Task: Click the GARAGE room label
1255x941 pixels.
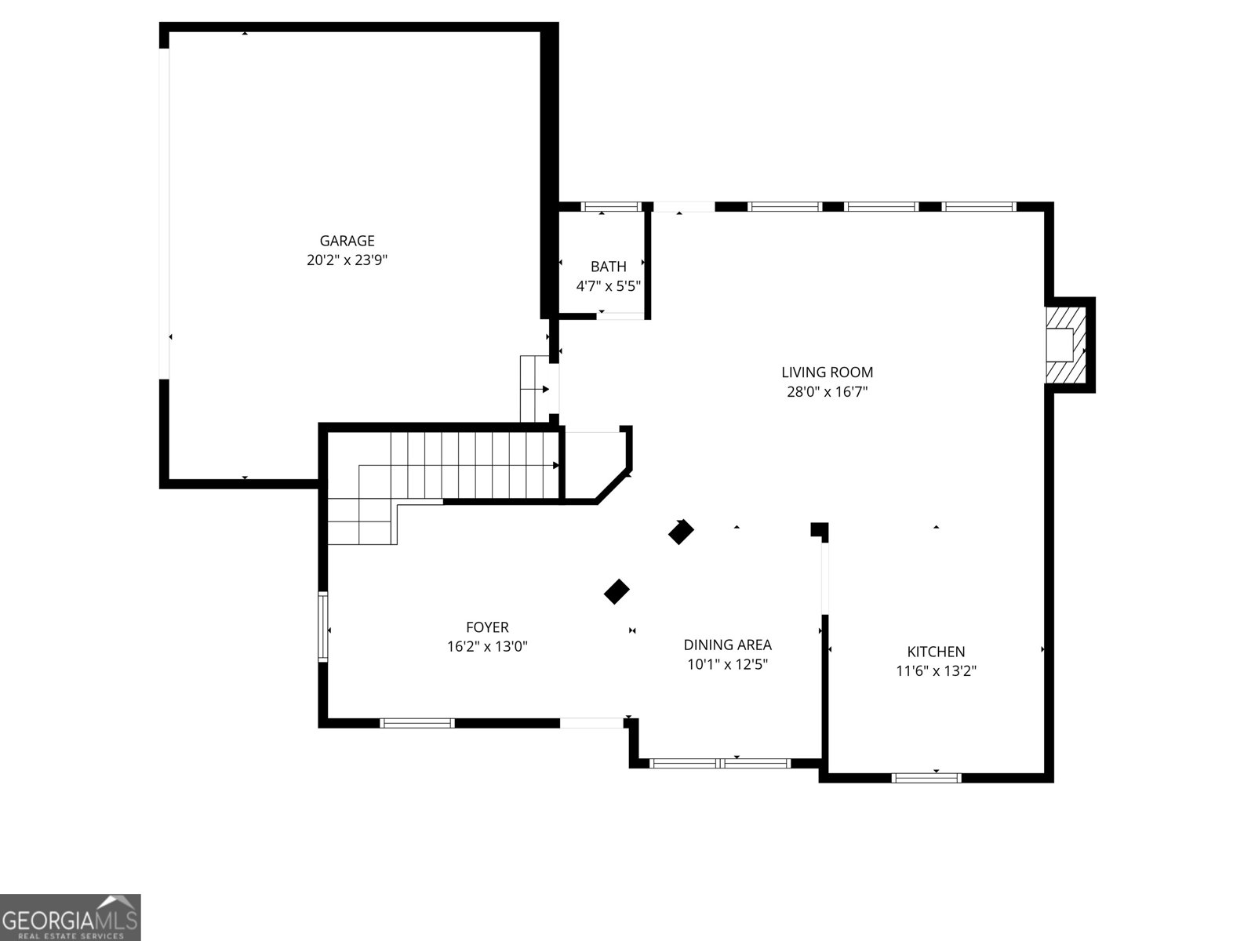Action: pos(347,241)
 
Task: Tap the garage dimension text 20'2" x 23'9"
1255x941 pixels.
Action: pos(347,260)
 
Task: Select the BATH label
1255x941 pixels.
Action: pos(608,267)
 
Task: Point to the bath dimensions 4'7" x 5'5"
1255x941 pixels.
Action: pos(608,286)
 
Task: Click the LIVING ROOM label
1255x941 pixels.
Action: pos(827,372)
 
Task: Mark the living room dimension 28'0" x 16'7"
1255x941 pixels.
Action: pos(827,392)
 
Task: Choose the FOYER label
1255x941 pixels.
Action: pos(487,627)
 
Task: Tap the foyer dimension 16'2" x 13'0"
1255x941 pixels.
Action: pos(487,647)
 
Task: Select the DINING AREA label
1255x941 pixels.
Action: pos(727,645)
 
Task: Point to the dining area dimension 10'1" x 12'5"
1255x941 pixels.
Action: pos(727,665)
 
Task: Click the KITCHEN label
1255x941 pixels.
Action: pos(936,652)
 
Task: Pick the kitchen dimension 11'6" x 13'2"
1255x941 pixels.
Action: pos(936,671)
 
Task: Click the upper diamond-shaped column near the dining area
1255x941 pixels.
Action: pos(681,532)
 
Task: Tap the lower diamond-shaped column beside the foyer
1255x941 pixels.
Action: pos(617,592)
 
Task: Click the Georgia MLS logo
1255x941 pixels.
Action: pos(70,917)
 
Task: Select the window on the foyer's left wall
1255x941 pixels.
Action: pos(322,627)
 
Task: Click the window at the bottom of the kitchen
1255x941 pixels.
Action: pos(926,778)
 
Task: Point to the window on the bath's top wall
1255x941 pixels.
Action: pos(610,207)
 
